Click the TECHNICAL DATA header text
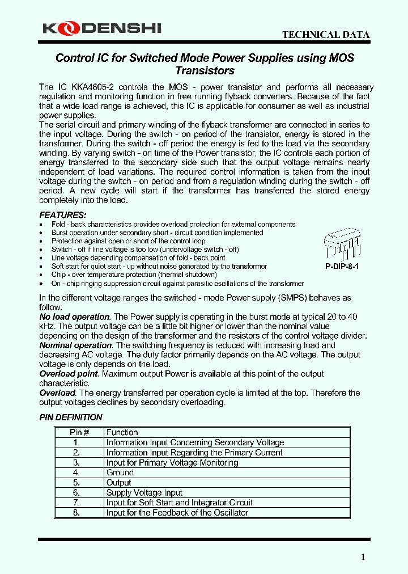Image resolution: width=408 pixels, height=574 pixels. (326, 35)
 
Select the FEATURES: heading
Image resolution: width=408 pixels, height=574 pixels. (63, 215)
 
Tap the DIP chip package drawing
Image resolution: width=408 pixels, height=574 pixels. (342, 244)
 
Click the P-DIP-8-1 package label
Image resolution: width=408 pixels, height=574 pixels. (342, 266)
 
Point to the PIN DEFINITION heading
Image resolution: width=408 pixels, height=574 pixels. (71, 417)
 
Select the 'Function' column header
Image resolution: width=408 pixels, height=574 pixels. (122, 432)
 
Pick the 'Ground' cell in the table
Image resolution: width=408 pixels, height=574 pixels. (120, 472)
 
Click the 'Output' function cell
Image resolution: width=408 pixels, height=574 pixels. (119, 483)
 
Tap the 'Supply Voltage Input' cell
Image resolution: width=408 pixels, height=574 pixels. (144, 493)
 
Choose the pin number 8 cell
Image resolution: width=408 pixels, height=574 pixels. (76, 513)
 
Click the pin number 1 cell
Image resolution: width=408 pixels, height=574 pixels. (76, 442)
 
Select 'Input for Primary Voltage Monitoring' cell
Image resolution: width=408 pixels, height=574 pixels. (172, 463)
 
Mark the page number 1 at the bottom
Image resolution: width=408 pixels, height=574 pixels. (363, 557)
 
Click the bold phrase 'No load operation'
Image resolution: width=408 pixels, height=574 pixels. (74, 317)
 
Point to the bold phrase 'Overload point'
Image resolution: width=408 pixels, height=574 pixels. (69, 374)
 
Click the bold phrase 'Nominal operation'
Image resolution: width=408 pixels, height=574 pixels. (76, 345)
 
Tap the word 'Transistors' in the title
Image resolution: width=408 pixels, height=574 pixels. (205, 71)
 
